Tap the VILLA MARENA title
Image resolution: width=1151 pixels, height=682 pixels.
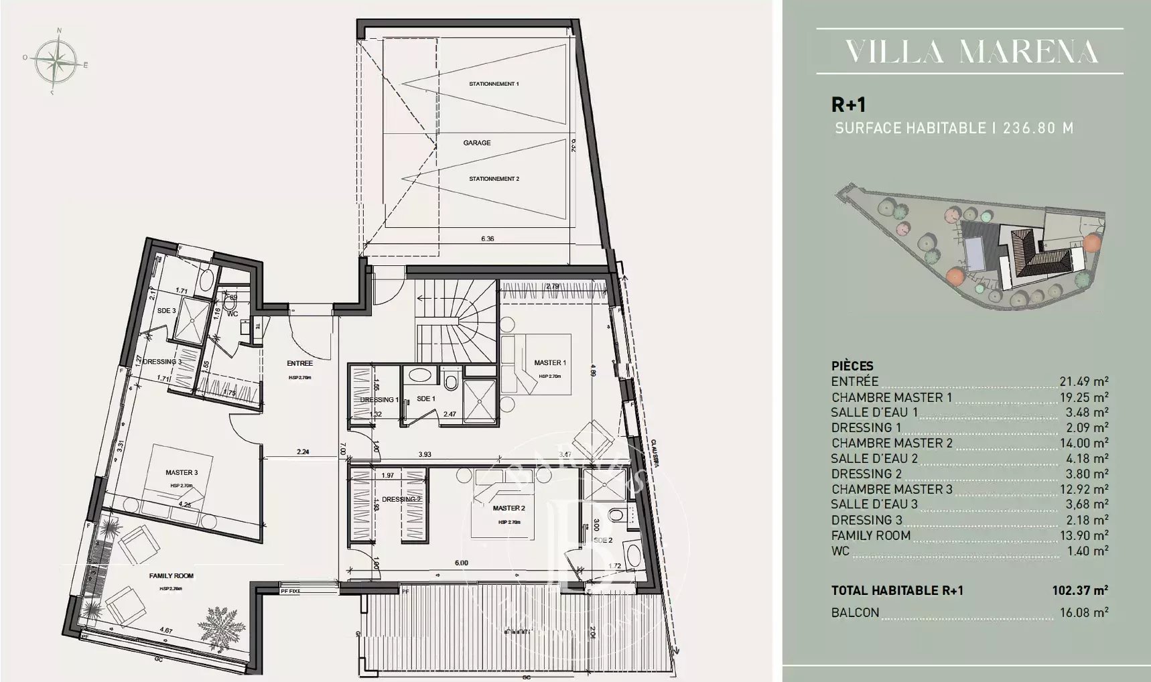[x=971, y=52]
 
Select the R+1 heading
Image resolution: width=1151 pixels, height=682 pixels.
[x=848, y=105]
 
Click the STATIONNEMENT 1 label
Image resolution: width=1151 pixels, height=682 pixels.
[x=494, y=84]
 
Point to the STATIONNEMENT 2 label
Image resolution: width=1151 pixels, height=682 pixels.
[x=494, y=179]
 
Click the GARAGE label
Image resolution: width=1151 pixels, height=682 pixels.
[x=477, y=143]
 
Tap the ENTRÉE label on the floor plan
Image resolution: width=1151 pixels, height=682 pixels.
[x=299, y=364]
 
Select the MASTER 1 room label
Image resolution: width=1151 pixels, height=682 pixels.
[x=549, y=363]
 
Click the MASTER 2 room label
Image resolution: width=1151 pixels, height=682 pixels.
[x=509, y=508]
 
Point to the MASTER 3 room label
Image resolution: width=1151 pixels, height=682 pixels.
[x=182, y=473]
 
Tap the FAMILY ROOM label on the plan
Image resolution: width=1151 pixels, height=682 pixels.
[x=172, y=575]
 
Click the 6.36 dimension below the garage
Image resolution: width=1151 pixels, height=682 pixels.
[x=487, y=238]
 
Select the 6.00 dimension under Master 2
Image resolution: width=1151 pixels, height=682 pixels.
[x=461, y=563]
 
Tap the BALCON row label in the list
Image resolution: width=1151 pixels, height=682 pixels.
[x=855, y=612]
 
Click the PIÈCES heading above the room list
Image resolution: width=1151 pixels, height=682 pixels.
[x=852, y=366]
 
